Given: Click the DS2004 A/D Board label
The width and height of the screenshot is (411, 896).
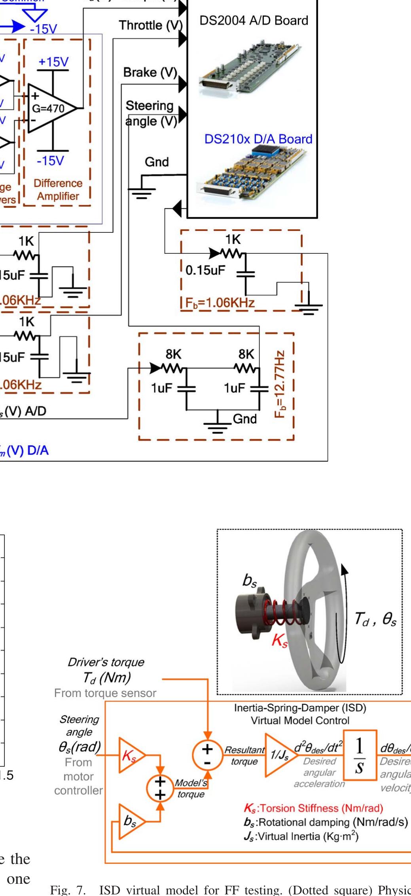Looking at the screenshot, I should [x=254, y=21].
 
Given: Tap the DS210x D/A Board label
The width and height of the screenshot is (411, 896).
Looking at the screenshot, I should [x=258, y=139].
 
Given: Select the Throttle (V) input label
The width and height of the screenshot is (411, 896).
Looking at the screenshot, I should [x=151, y=26].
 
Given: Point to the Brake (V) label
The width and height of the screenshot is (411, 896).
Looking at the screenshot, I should [x=150, y=73].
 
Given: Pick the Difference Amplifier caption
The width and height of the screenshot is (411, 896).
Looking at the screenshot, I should [x=58, y=190].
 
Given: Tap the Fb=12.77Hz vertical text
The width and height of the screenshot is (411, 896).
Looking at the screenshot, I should [x=280, y=383].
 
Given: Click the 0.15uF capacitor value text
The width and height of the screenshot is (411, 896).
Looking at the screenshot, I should [x=205, y=270].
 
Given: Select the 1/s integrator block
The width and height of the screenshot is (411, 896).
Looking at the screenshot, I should [x=359, y=755].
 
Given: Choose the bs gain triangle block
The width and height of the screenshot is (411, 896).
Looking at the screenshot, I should [x=130, y=822].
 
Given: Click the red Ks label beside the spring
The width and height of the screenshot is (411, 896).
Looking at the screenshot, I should [x=279, y=641].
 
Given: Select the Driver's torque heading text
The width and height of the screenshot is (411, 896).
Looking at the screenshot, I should [x=106, y=662].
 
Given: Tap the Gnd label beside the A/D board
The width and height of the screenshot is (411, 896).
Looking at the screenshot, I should [x=157, y=162].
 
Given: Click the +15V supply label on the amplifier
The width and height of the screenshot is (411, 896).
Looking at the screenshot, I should [x=53, y=62].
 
